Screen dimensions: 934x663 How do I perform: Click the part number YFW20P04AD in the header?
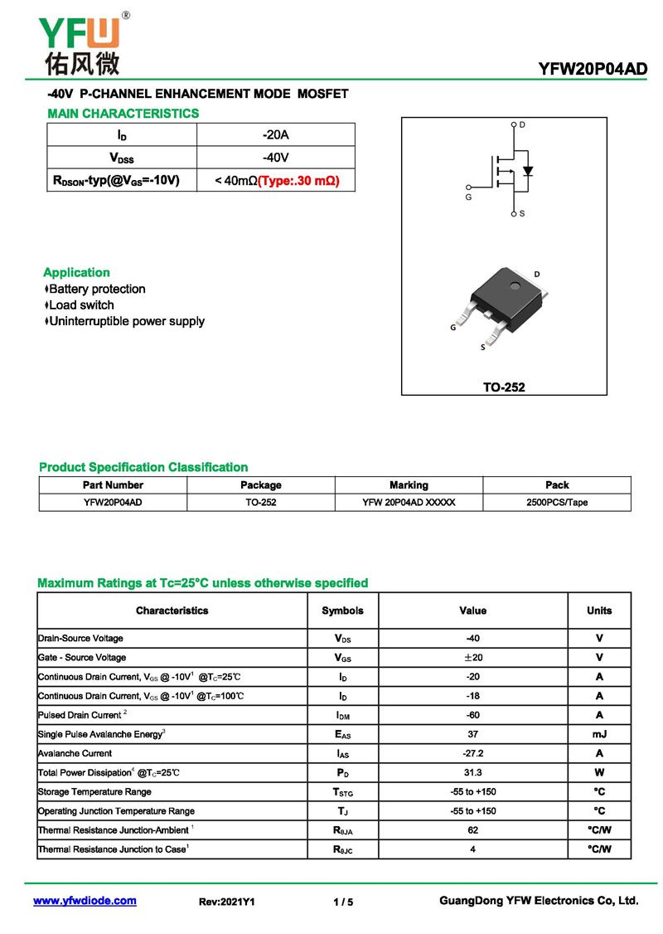[x=592, y=70]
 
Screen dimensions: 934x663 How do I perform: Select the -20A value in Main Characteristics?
[x=275, y=135]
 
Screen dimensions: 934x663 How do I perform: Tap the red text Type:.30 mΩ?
[x=298, y=180]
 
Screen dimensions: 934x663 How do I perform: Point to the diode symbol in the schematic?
[x=528, y=172]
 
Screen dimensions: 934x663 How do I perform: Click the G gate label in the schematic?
[x=467, y=198]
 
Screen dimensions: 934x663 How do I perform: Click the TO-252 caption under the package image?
[x=504, y=387]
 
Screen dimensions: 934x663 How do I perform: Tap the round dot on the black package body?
[x=515, y=289]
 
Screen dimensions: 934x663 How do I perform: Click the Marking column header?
[x=409, y=485]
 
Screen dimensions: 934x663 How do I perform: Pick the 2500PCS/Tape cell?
[x=557, y=503]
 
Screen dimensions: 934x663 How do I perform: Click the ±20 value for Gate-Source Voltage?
[x=472, y=658]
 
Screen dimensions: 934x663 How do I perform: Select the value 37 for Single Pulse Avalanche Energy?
[x=472, y=734]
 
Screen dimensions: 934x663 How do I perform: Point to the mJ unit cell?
[x=599, y=734]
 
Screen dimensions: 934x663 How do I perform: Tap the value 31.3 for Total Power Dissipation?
[x=472, y=772]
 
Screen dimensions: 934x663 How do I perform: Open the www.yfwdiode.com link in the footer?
[x=85, y=901]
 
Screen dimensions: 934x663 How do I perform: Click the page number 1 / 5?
[x=343, y=902]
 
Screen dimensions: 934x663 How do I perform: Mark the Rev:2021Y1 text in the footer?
[x=227, y=902]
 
